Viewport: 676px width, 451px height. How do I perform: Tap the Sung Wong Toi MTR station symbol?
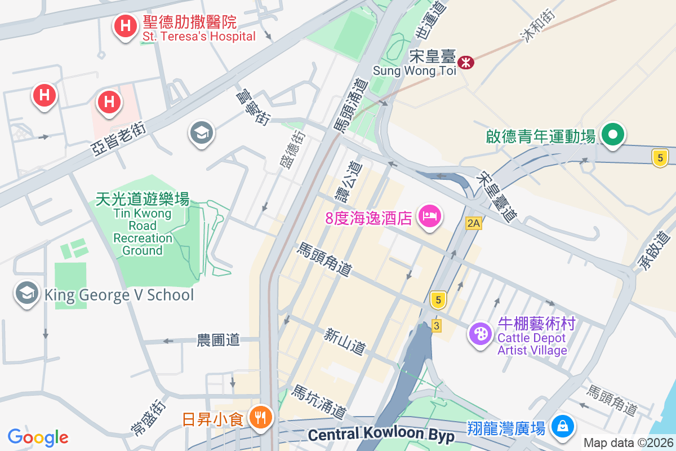pyautogui.click(x=466, y=62)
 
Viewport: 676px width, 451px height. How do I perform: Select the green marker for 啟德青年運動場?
pyautogui.click(x=612, y=135)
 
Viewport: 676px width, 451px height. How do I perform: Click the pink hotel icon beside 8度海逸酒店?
pyautogui.click(x=429, y=216)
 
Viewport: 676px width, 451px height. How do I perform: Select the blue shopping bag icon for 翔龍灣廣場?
pyautogui.click(x=562, y=426)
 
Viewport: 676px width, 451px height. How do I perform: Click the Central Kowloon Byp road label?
pyautogui.click(x=381, y=435)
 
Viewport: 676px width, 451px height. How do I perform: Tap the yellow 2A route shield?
pyautogui.click(x=474, y=223)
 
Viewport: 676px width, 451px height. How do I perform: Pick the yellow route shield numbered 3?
pyautogui.click(x=436, y=325)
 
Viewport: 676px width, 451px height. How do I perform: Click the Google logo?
pyautogui.click(x=38, y=437)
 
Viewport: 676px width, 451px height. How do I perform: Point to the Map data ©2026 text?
pyautogui.click(x=628, y=443)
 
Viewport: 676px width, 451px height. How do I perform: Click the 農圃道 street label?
pyautogui.click(x=218, y=340)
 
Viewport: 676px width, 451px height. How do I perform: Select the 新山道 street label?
pyautogui.click(x=345, y=342)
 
